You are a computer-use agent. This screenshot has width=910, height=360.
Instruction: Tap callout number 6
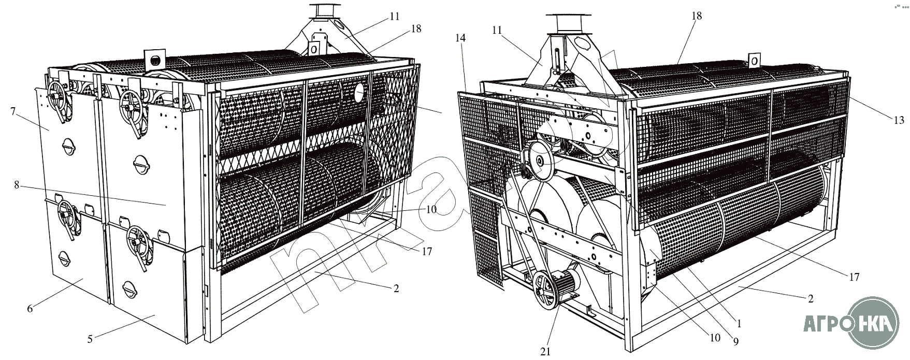[30, 309]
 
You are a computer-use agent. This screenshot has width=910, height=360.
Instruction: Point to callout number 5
[90, 340]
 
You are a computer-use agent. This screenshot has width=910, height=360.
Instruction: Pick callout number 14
[460, 37]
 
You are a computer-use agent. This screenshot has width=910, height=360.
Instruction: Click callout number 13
[898, 121]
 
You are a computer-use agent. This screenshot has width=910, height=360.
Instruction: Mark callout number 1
[739, 324]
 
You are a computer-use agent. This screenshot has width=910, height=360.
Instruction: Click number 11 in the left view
[395, 16]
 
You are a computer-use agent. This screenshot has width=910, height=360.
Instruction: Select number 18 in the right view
[697, 16]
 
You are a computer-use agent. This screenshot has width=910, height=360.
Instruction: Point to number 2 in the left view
[396, 289]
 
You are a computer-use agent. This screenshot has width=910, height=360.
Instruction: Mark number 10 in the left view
[431, 209]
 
